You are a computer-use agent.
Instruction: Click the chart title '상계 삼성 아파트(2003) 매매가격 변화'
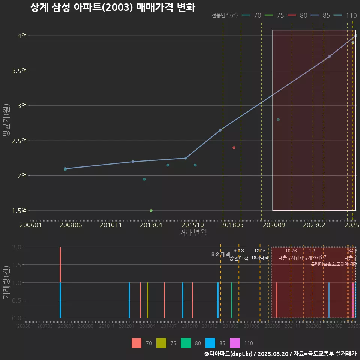pyautogui.click(x=112, y=7)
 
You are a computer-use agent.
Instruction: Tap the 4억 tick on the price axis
pyautogui.click(x=22, y=36)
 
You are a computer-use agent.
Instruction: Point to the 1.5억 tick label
pyautogui.click(x=20, y=211)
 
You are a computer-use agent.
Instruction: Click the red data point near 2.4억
pyautogui.click(x=234, y=148)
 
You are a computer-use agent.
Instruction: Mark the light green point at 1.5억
pyautogui.click(x=151, y=211)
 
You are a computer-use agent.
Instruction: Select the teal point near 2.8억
pyautogui.click(x=278, y=120)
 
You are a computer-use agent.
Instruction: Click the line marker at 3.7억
pyautogui.click(x=329, y=57)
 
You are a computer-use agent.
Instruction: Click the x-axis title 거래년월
pyautogui.click(x=193, y=232)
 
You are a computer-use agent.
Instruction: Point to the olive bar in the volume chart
pyautogui.click(x=147, y=300)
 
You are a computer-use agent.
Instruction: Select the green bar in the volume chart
pyautogui.click(x=232, y=300)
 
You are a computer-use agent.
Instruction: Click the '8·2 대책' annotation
pyautogui.click(x=220, y=254)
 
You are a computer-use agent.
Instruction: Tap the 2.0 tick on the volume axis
pyautogui.click(x=16, y=247)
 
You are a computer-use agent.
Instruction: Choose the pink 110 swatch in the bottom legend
pyautogui.click(x=235, y=343)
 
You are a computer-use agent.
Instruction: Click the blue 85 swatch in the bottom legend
pyautogui.click(x=210, y=343)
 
